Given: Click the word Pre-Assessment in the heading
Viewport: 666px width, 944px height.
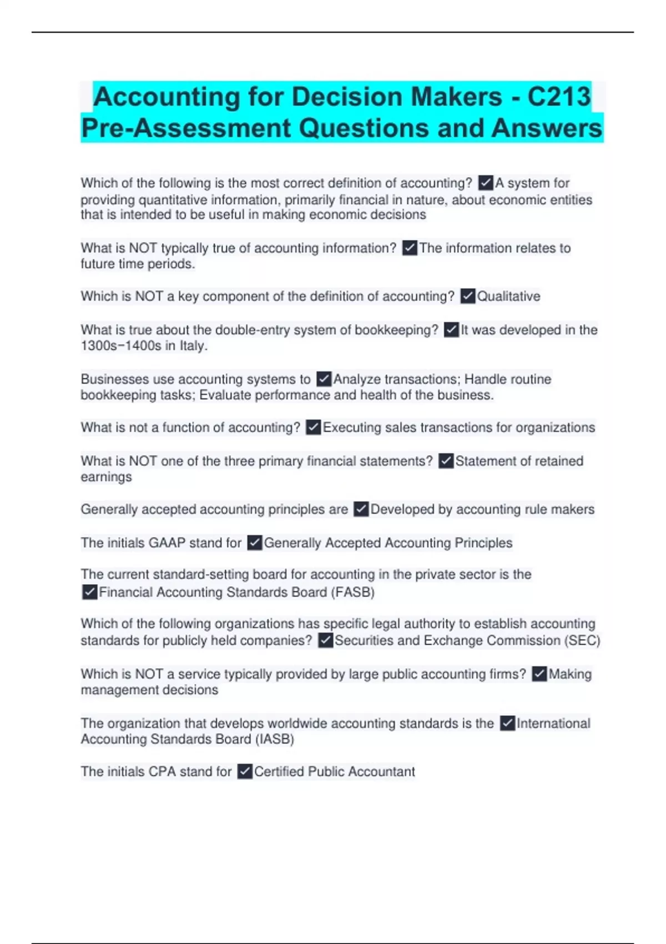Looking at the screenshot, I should click(186, 128).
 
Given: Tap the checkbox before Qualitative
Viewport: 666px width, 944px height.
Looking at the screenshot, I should click(468, 297).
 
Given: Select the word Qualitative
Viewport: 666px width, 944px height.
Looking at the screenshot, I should click(508, 297).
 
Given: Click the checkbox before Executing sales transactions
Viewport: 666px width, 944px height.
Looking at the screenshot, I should click(314, 428).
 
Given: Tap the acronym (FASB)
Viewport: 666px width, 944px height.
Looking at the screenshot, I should click(353, 592).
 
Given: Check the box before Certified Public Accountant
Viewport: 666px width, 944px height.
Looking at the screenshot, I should click(245, 772).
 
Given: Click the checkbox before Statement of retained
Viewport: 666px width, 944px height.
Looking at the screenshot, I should click(446, 461).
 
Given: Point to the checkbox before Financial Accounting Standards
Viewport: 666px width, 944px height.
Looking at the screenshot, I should click(89, 592).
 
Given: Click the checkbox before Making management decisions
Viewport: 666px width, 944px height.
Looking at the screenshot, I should click(539, 674).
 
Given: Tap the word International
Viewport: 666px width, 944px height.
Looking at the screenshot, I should click(553, 724).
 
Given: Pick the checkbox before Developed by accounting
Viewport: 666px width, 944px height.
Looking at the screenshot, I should click(361, 510).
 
